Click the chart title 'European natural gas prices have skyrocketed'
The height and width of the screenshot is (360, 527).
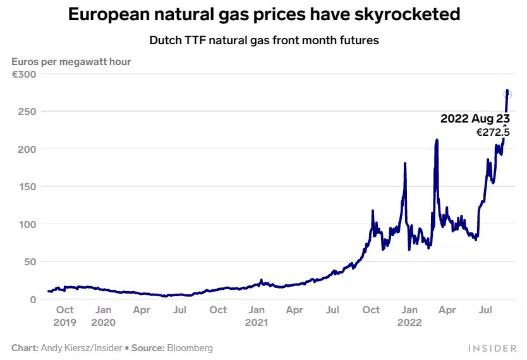263,15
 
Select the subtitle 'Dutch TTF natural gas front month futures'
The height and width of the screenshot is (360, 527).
263,40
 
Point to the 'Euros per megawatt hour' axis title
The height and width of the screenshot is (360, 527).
71,61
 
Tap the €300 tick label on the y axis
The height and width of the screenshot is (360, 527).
25,74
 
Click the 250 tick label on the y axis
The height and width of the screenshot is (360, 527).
28,111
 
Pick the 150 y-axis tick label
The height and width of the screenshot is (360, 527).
28,186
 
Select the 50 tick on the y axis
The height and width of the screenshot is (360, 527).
30,261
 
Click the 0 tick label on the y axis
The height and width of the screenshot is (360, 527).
33,299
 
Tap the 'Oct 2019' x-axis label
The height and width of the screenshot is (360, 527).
64,316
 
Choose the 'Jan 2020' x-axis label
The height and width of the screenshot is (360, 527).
104,316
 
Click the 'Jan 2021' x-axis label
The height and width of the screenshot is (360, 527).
257,316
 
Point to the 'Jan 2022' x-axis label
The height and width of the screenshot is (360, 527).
409,316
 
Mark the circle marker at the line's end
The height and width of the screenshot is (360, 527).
507,94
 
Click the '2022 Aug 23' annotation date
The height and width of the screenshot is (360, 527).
475,119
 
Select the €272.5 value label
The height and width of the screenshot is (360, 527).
493,133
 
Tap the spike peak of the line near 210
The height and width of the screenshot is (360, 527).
437,140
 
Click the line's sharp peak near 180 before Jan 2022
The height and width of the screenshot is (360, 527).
404,164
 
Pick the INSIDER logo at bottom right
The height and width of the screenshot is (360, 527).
493,348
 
